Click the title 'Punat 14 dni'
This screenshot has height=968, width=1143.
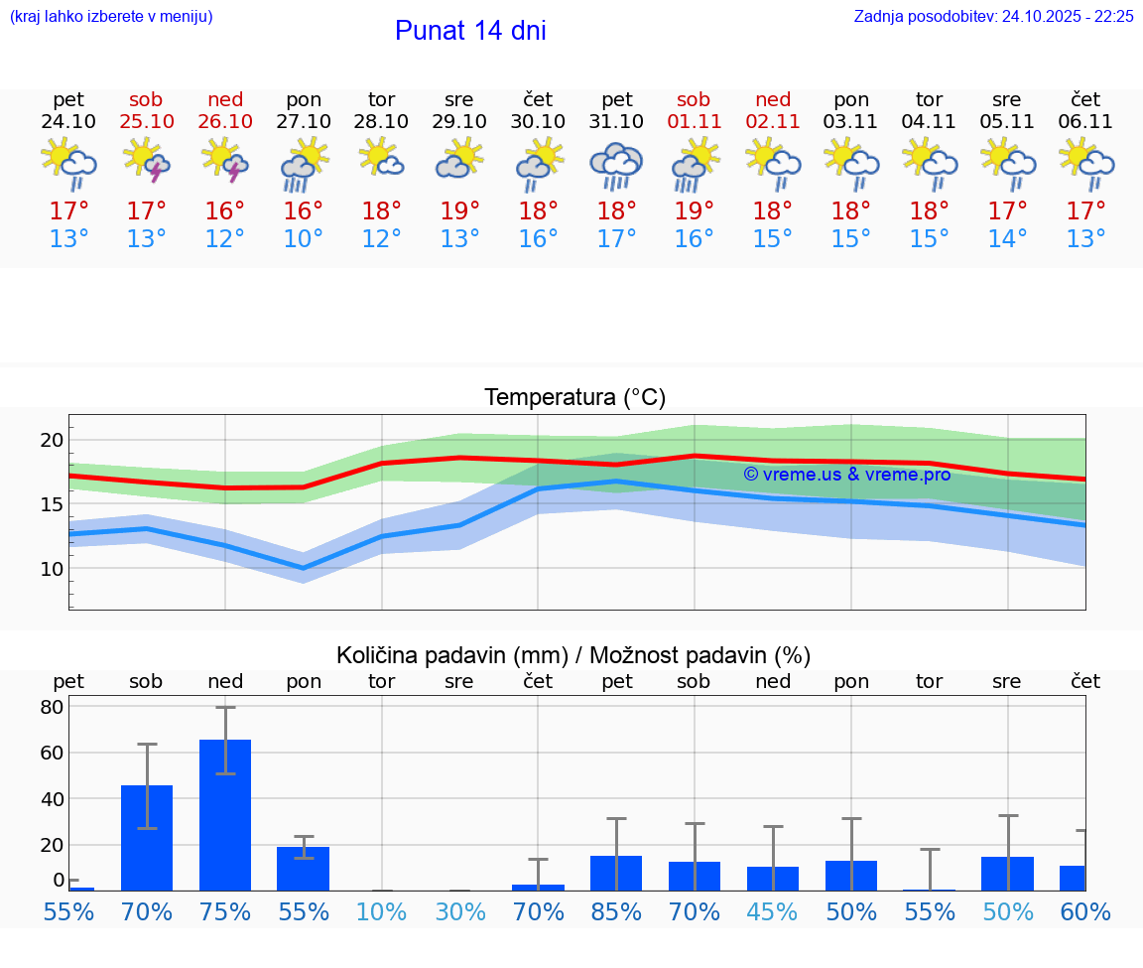click(470, 31)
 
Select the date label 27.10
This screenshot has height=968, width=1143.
click(304, 122)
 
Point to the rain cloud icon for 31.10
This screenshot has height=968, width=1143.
click(616, 165)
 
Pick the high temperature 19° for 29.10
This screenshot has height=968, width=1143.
click(459, 211)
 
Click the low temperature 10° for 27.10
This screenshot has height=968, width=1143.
click(304, 239)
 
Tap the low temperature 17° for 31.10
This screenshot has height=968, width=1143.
click(616, 239)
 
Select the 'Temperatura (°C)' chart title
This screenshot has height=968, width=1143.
click(574, 398)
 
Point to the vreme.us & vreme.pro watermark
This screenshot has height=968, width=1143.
click(846, 475)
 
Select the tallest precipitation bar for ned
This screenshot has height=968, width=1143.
click(225, 814)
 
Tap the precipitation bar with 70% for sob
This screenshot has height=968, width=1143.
click(147, 837)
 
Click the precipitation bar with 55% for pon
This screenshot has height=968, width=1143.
click(304, 868)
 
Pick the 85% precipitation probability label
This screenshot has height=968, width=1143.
click(616, 911)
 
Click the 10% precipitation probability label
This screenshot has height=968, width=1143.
click(382, 911)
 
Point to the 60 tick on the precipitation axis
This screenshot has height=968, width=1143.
click(52, 753)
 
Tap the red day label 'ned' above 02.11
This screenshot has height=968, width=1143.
click(773, 99)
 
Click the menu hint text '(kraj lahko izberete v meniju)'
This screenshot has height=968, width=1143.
click(111, 17)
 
